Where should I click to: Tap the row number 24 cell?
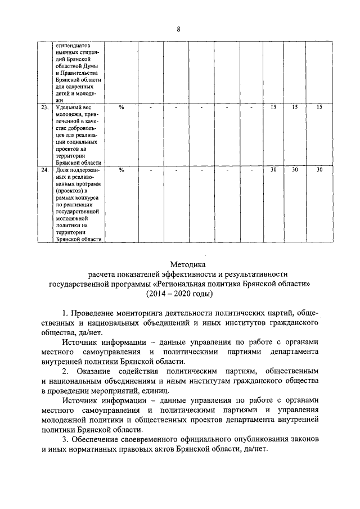pyautogui.click(x=45, y=169)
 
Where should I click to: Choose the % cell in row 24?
pyautogui.click(x=121, y=169)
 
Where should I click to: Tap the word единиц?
pyautogui.click(x=172, y=391)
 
